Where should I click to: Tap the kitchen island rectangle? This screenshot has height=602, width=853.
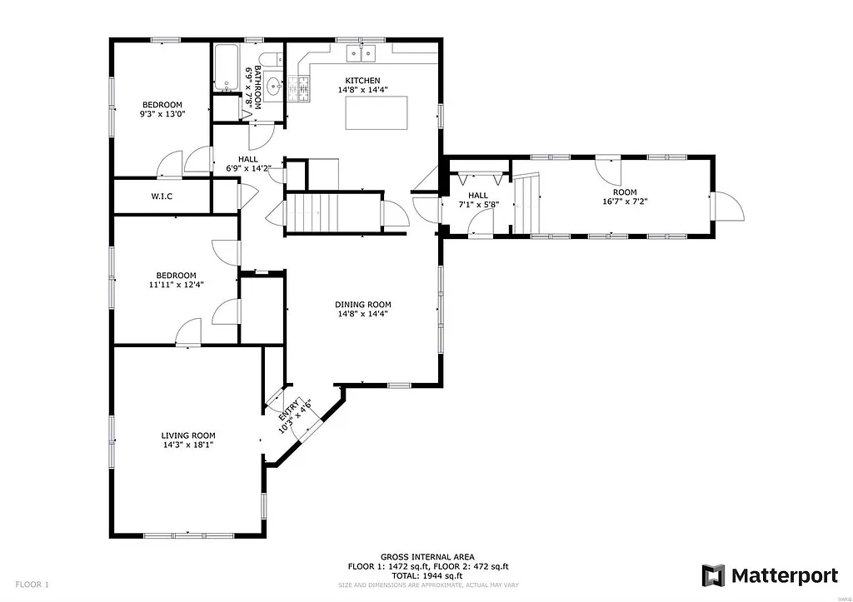click(x=377, y=112)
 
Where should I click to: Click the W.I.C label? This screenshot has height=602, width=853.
click(x=162, y=197)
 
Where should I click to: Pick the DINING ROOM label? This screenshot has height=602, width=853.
click(x=362, y=304)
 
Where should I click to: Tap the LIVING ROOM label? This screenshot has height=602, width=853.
click(x=188, y=435)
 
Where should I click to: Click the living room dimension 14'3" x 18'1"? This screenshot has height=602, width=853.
click(x=188, y=445)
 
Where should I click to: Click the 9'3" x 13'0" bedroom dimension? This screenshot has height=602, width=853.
click(x=162, y=114)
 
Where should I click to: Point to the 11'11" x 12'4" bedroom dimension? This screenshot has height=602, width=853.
click(x=176, y=285)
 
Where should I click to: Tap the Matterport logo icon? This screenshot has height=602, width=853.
click(x=713, y=575)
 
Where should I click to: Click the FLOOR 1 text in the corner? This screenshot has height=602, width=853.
click(x=32, y=584)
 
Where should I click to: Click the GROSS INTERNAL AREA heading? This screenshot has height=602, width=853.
click(x=427, y=557)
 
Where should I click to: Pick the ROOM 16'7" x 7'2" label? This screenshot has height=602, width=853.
click(x=619, y=197)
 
